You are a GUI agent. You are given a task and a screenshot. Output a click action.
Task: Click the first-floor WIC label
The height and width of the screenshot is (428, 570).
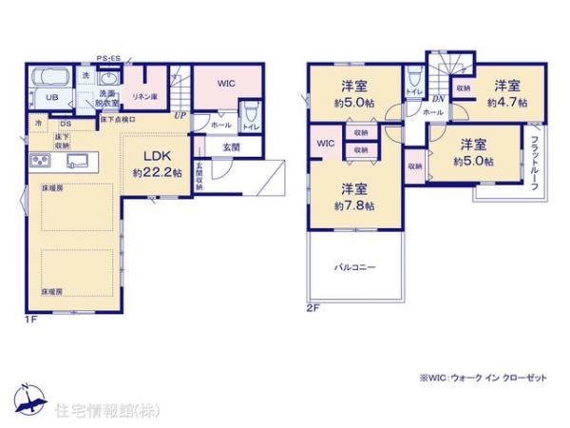pos(225,84)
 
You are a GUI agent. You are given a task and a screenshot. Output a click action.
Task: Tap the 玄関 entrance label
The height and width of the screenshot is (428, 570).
pos(231,147)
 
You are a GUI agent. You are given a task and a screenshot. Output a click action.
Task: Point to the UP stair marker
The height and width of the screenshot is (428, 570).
pos(180,115)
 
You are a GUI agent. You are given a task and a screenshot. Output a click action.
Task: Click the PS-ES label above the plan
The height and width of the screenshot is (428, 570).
pos(107,58)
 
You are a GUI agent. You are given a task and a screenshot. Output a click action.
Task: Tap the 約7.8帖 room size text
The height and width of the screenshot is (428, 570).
pos(353,205)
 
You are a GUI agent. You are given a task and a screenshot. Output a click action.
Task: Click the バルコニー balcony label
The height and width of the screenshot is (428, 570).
pos(352,267)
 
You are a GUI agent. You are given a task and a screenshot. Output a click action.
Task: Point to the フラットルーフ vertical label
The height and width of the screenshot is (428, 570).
pos(536,162)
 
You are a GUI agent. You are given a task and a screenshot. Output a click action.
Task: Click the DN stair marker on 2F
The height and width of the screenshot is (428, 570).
pos(438,98)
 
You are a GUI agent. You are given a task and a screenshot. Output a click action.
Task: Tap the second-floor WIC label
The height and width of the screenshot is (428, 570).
pos(325,144)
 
